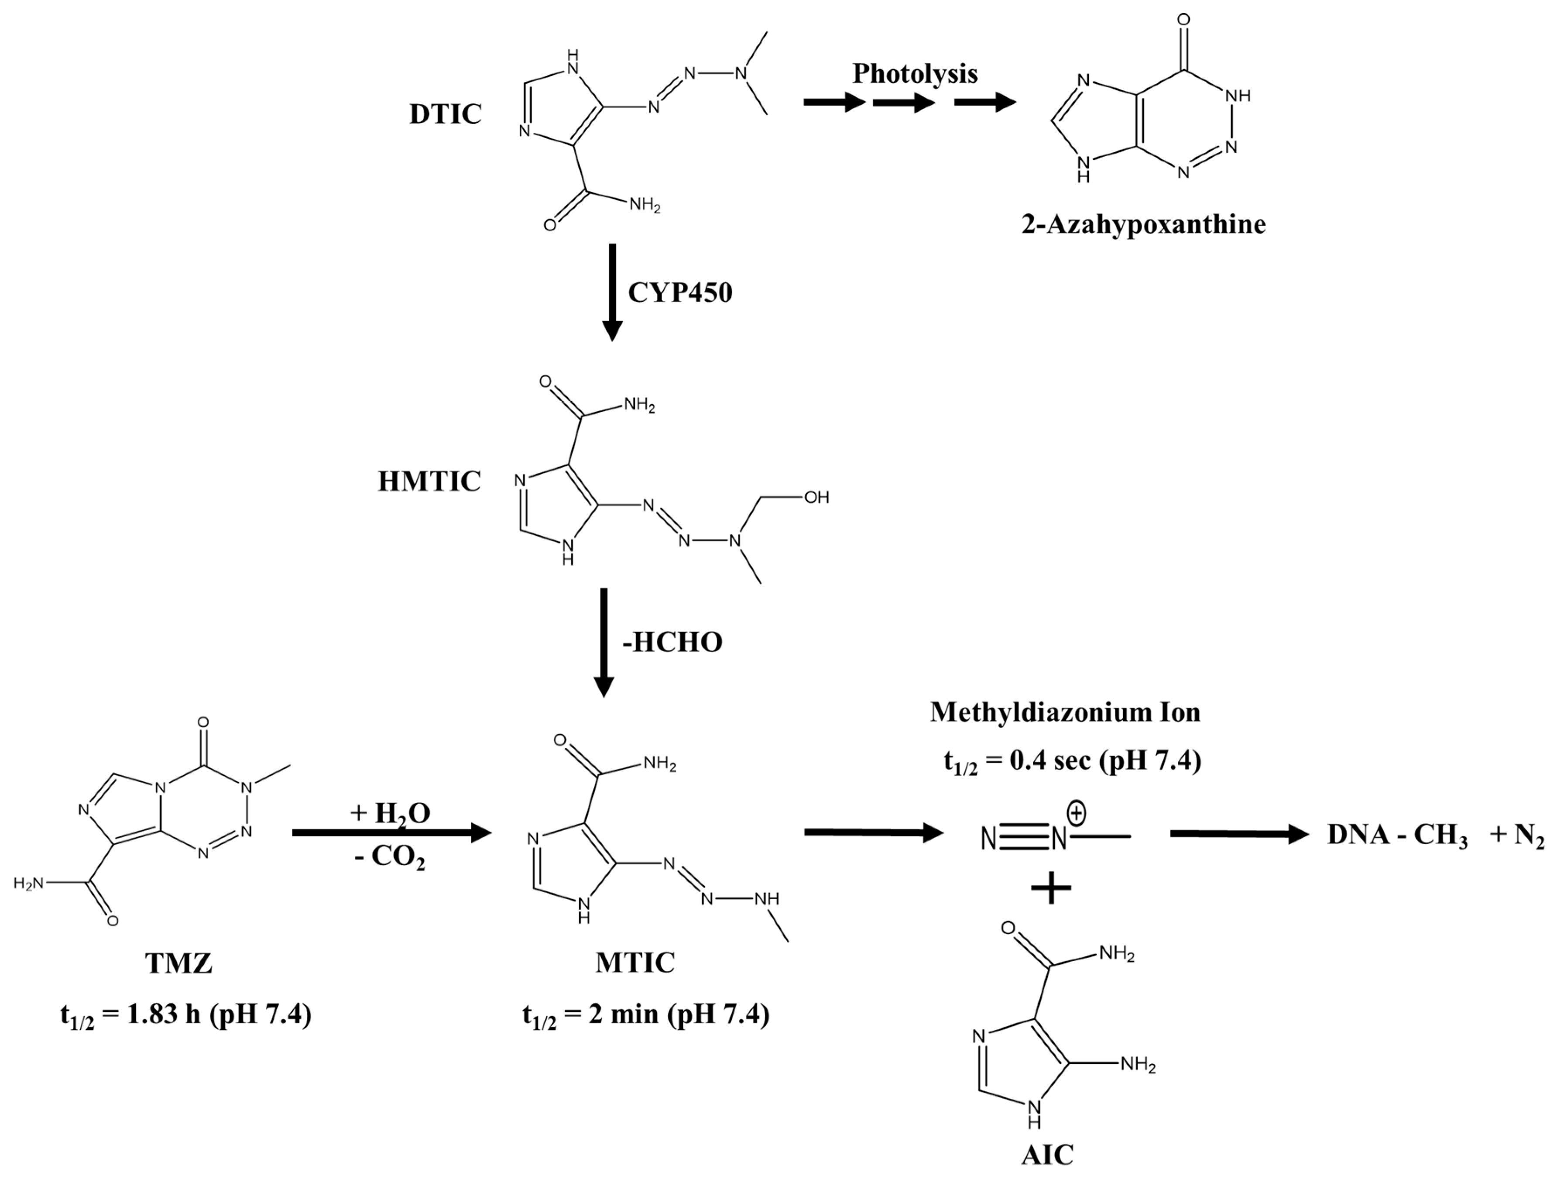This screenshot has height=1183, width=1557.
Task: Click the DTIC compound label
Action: click(446, 114)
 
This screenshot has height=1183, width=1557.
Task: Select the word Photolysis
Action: click(915, 73)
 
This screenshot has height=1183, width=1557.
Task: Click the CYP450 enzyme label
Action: click(679, 292)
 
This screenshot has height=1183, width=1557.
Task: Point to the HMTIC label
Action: click(429, 481)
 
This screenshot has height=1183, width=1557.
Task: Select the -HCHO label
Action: click(672, 642)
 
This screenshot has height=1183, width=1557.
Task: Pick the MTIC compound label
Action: click(635, 962)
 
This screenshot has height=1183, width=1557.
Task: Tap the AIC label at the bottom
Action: click(1047, 1155)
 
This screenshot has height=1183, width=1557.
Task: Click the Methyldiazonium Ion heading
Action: click(1065, 712)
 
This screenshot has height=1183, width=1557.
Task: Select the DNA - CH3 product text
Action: click(1397, 835)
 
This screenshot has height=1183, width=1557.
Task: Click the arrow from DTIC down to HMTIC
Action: click(612, 292)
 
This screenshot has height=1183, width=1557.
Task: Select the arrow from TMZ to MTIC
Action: click(391, 834)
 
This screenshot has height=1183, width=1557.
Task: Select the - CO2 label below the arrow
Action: click(390, 857)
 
